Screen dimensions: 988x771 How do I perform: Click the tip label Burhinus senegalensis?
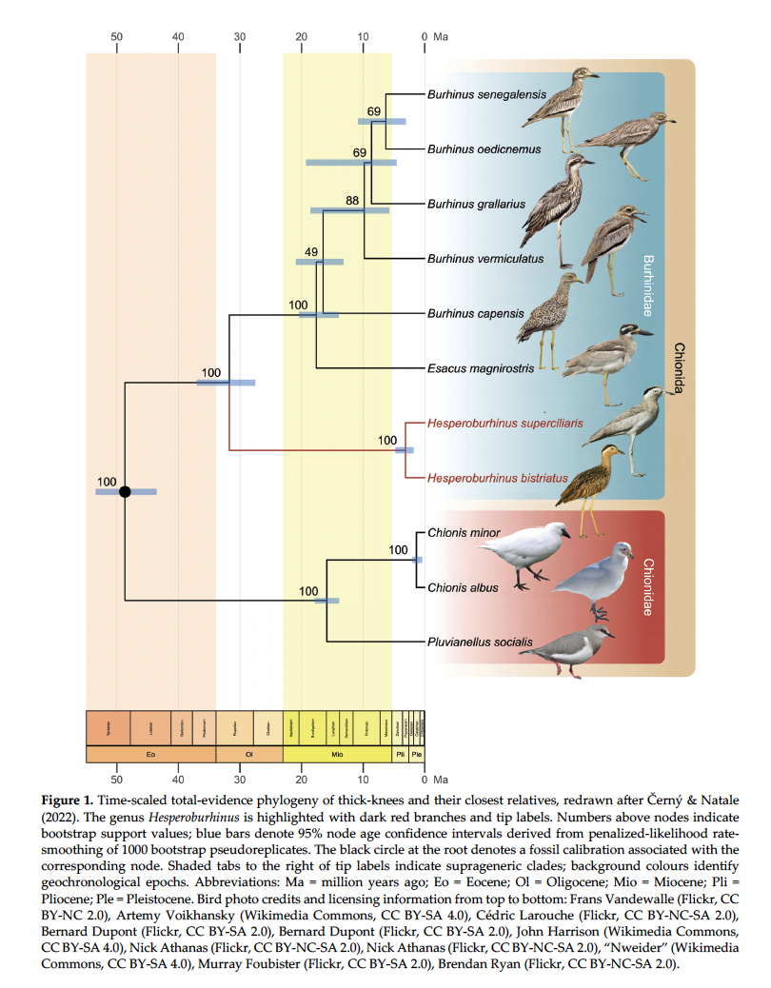(486, 94)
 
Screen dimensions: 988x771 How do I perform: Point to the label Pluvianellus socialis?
(479, 642)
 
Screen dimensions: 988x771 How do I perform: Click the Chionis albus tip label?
(463, 588)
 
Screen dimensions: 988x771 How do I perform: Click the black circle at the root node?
(124, 491)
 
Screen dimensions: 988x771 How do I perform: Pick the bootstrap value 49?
(310, 252)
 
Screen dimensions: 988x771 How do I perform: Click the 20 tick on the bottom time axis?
(302, 781)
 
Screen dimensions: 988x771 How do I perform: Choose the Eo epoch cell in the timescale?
(150, 754)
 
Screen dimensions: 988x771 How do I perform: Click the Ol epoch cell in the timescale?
(249, 754)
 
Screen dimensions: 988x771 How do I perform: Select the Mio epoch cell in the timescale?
(337, 754)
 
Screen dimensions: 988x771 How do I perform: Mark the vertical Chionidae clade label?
(647, 586)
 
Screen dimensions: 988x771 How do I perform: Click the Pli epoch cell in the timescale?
(400, 754)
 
